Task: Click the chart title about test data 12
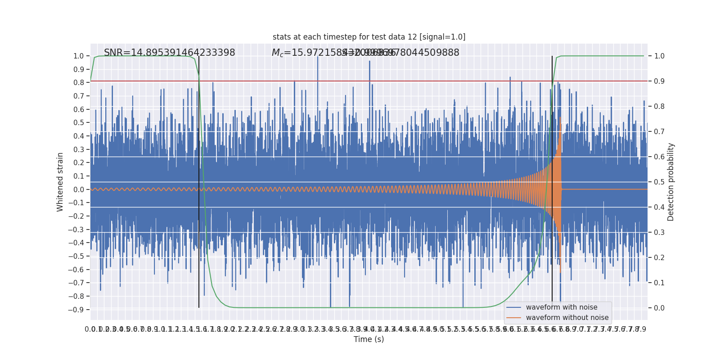pyautogui.click(x=369, y=37)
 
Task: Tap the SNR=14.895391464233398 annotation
pyautogui.click(x=169, y=53)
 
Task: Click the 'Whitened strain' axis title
pyautogui.click(x=60, y=182)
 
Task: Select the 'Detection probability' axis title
pyautogui.click(x=671, y=182)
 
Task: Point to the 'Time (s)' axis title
pyautogui.click(x=369, y=339)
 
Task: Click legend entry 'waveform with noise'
pyautogui.click(x=561, y=307)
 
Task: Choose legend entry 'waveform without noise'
pyautogui.click(x=567, y=318)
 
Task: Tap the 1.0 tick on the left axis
pyautogui.click(x=78, y=56)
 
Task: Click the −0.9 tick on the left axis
pyautogui.click(x=76, y=310)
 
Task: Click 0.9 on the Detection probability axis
pyautogui.click(x=659, y=81)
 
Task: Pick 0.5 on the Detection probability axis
pyautogui.click(x=659, y=182)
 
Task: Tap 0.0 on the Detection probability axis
pyautogui.click(x=659, y=308)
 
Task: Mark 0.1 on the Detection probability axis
pyautogui.click(x=659, y=283)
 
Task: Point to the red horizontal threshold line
pyautogui.click(x=405, y=81)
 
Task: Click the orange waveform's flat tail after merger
pyautogui.click(x=603, y=189)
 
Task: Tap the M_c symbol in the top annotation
pyautogui.click(x=278, y=53)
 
